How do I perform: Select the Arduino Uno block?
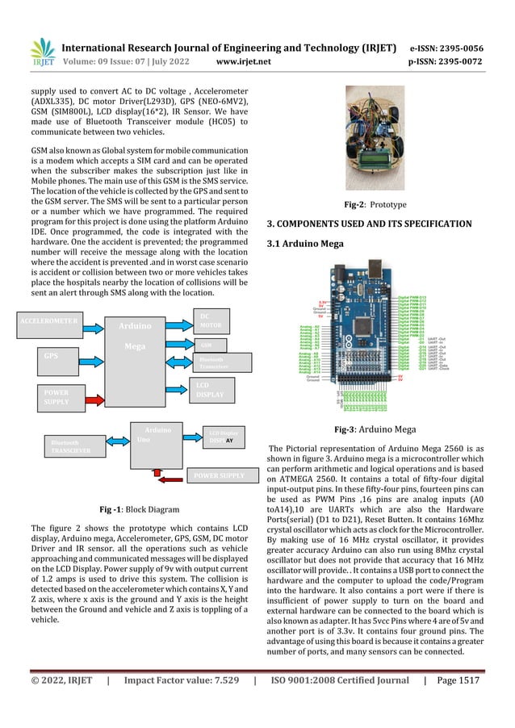(153, 440)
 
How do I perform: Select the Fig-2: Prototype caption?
(375, 205)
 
